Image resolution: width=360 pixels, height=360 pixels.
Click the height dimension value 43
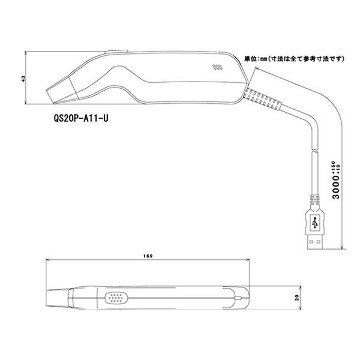[22, 79]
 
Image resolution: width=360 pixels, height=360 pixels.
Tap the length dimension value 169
[149, 256]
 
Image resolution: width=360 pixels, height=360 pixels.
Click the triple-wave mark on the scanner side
[217, 67]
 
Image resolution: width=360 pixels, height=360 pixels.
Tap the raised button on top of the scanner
[114, 52]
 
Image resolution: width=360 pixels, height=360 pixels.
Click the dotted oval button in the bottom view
[118, 296]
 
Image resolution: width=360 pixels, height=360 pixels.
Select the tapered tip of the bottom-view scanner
[58, 297]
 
